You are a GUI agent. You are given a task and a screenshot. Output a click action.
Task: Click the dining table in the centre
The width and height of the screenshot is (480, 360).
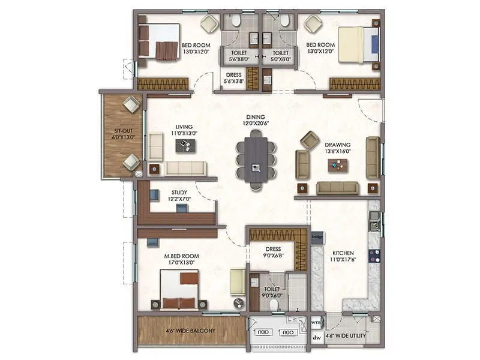[x=256, y=160]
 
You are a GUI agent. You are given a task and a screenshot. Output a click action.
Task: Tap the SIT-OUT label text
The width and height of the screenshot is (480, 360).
[x=124, y=133]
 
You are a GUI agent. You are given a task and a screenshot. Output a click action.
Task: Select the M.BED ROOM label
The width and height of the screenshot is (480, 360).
[x=181, y=259]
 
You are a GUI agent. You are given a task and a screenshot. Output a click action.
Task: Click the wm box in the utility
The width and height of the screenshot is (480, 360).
[x=316, y=322]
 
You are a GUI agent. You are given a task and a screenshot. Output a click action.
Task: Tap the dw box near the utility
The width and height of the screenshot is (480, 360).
[x=316, y=337]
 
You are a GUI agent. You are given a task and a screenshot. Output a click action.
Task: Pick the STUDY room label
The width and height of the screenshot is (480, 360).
[x=179, y=196]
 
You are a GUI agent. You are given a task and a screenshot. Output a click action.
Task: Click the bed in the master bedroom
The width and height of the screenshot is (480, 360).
[x=179, y=288]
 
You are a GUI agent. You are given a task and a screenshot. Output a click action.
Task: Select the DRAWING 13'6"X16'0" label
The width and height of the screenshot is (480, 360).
[x=338, y=148]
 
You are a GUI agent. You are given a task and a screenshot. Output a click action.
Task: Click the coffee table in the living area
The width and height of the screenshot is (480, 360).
[x=185, y=145]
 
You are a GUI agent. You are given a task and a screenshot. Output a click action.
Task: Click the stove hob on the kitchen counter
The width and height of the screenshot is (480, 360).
[x=374, y=254]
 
